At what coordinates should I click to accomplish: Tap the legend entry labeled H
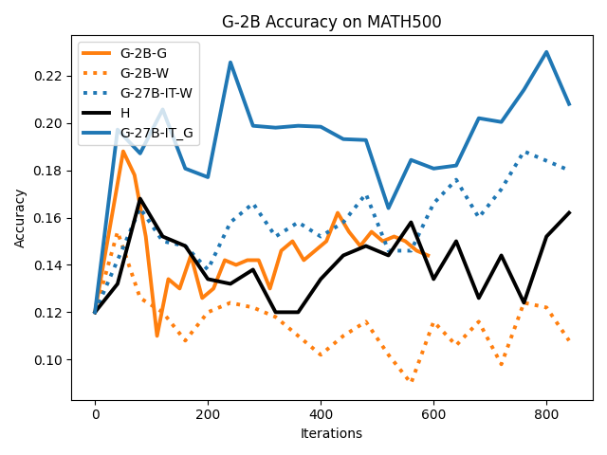125,114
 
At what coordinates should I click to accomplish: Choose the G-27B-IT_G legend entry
156,134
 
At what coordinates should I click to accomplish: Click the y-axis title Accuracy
20,218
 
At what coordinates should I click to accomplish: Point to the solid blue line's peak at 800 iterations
546,52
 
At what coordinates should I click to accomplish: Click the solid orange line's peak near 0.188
123,152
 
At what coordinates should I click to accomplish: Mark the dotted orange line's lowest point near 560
411,381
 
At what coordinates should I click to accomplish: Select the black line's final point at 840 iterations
569,212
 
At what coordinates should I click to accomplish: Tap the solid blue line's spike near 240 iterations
230,63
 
